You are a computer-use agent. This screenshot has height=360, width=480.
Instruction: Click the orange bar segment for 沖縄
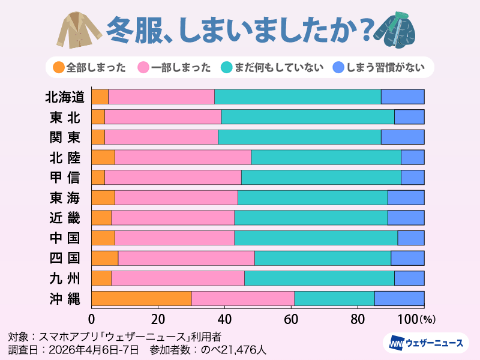(142, 298)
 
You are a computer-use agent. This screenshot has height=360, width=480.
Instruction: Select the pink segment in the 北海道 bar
(161, 97)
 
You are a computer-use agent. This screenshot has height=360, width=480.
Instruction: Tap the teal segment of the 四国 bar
(323, 258)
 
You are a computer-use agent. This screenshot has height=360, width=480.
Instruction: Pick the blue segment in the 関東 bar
(403, 137)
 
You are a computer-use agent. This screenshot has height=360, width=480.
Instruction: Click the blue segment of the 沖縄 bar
(400, 298)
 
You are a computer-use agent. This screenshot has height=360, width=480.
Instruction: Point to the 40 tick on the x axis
(225, 318)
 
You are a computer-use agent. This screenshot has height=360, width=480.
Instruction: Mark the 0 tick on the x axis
(92, 318)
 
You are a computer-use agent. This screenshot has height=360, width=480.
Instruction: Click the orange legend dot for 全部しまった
(58, 67)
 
